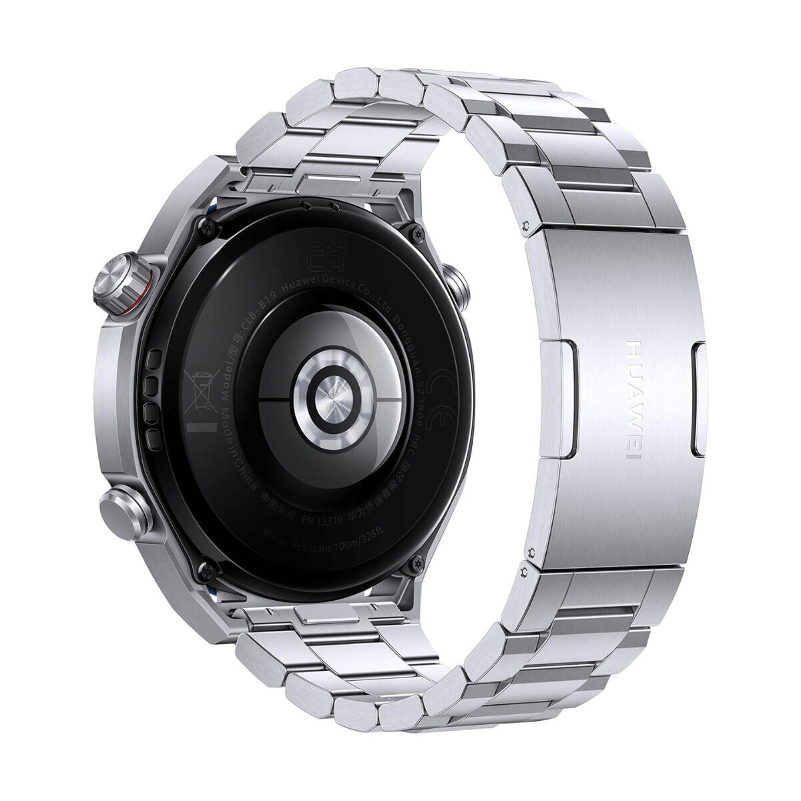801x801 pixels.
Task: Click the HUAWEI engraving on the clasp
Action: [631, 400]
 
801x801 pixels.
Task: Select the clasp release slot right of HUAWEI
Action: [699, 400]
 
